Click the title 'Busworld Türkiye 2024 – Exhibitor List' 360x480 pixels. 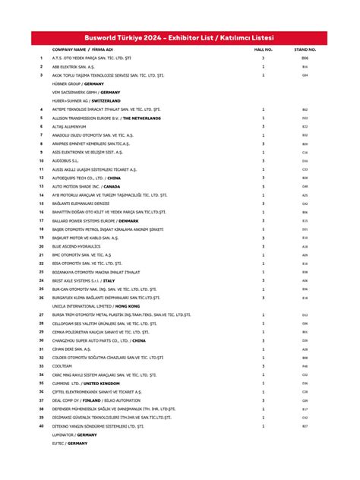point(180,37)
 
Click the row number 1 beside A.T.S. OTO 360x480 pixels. point(41,58)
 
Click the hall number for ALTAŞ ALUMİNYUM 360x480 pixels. point(263,126)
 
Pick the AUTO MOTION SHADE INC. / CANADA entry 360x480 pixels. point(86,186)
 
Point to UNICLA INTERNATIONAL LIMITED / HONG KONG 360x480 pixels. point(94,306)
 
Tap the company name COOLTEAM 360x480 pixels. point(63,366)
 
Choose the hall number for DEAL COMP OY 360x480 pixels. point(263,400)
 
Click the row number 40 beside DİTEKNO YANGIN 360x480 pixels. point(41,426)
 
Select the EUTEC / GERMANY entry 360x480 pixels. point(70,443)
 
